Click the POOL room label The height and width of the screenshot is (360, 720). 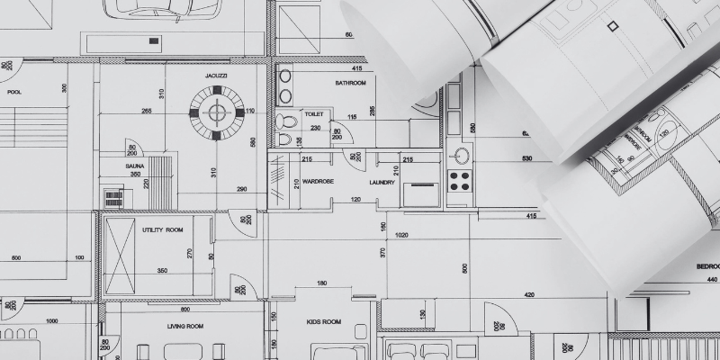click(x=14, y=92)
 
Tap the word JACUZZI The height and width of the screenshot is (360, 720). click(x=216, y=76)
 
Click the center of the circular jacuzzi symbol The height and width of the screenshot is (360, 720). click(x=216, y=112)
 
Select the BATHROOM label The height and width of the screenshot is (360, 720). click(x=351, y=83)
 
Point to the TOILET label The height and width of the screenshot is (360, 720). click(x=314, y=114)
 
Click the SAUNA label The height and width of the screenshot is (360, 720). click(x=136, y=166)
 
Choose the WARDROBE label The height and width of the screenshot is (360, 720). click(x=319, y=181)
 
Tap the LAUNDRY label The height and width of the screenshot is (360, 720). click(x=383, y=181)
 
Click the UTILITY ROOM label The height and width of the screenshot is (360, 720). click(x=162, y=229)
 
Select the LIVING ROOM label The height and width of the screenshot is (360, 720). click(x=185, y=326)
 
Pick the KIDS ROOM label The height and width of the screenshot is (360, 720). click(x=324, y=321)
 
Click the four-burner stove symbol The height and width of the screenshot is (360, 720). click(x=460, y=180)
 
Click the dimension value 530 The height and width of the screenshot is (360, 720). click(x=526, y=159)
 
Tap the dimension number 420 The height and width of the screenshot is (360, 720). click(x=529, y=294)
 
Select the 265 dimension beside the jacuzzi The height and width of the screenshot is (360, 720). click(x=147, y=111)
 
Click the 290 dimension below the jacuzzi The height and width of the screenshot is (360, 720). click(x=242, y=188)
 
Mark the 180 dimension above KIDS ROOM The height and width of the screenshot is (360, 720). click(x=321, y=284)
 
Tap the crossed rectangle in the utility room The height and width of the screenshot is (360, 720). click(x=119, y=256)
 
